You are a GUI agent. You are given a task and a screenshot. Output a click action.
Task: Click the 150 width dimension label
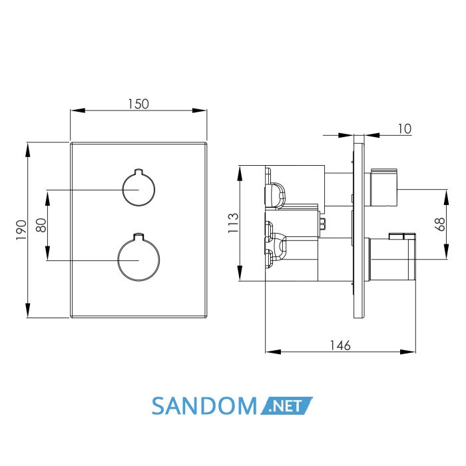point(138,104)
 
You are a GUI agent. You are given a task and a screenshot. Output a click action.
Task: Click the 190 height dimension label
point(21,230)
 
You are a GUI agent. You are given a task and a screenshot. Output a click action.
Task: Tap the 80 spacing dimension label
point(41,225)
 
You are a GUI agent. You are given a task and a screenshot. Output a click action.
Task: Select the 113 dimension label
point(233,223)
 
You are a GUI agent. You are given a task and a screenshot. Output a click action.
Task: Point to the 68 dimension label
point(440,224)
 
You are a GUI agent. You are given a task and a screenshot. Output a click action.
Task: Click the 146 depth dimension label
point(340,346)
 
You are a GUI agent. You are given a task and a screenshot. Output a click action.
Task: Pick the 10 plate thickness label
point(405,129)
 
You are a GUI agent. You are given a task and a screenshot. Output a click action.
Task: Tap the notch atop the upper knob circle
point(138,172)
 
